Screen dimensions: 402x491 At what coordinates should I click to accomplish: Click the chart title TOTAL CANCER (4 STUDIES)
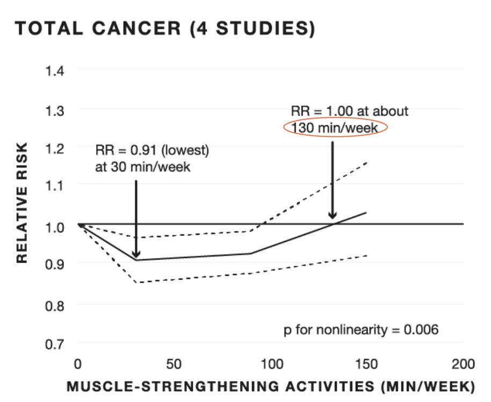[164, 30]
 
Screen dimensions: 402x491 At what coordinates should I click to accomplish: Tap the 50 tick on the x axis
[174, 364]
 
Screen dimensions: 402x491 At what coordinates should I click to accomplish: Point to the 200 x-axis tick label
[463, 364]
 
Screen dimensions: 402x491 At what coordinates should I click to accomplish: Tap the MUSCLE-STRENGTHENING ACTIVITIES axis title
[270, 387]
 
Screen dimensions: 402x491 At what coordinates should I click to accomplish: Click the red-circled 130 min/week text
[335, 128]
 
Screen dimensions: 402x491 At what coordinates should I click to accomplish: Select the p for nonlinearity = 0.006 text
[361, 329]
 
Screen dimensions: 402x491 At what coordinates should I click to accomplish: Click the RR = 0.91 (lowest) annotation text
[152, 149]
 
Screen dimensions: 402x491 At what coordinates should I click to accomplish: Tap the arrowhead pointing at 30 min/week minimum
[136, 254]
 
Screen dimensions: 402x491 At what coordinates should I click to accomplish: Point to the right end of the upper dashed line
[366, 162]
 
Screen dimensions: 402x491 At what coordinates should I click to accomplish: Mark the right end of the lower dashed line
[366, 255]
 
